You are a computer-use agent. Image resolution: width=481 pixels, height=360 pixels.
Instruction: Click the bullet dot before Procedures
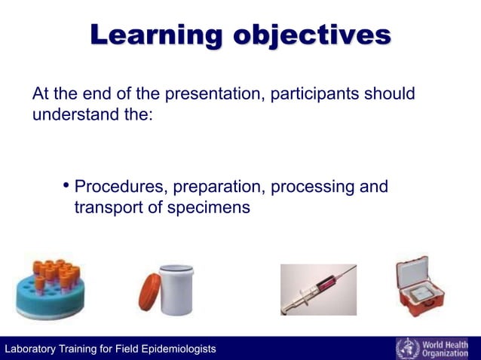coord(66,186)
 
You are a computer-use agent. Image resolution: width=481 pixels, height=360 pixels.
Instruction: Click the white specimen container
coord(176,288)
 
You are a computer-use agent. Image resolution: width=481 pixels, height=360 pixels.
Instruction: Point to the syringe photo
coord(318,289)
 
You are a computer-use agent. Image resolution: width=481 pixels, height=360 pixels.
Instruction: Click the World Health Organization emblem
coord(408,348)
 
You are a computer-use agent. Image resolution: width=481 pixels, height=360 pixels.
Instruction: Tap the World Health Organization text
coord(449,348)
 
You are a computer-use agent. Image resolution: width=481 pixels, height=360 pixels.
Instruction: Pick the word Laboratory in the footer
coord(31,349)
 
